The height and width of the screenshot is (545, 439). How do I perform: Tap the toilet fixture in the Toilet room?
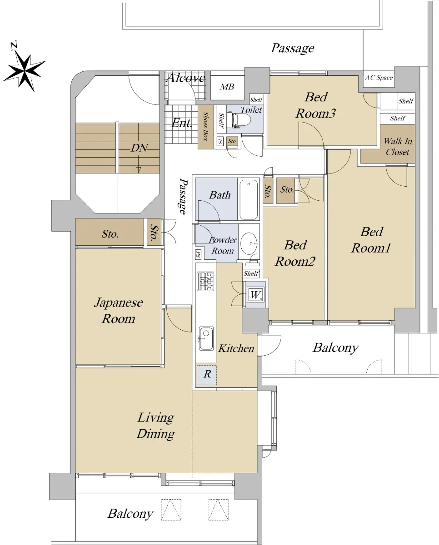[238, 119]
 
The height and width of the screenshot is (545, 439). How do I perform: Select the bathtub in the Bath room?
[249, 199]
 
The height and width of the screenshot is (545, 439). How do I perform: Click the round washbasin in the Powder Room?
[249, 243]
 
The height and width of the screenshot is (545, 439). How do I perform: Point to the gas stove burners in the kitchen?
[205, 281]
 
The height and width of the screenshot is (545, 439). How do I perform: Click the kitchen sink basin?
[206, 339]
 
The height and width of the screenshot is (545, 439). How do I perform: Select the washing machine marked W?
[255, 295]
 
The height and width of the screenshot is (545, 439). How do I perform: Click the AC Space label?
[379, 78]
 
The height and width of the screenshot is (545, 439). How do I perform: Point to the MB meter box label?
[227, 87]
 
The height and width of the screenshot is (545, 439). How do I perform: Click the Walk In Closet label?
[398, 146]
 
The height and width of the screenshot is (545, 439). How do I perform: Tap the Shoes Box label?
[205, 126]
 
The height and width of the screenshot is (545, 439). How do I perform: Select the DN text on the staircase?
[140, 148]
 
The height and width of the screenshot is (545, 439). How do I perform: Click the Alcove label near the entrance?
[186, 78]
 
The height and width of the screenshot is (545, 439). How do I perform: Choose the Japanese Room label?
[118, 311]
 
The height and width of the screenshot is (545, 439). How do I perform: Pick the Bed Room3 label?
[316, 105]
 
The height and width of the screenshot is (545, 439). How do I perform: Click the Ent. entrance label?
[181, 123]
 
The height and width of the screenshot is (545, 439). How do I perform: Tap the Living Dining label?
[155, 426]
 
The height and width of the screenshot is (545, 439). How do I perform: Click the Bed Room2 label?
[295, 253]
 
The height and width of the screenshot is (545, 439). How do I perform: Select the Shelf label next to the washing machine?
[251, 273]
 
